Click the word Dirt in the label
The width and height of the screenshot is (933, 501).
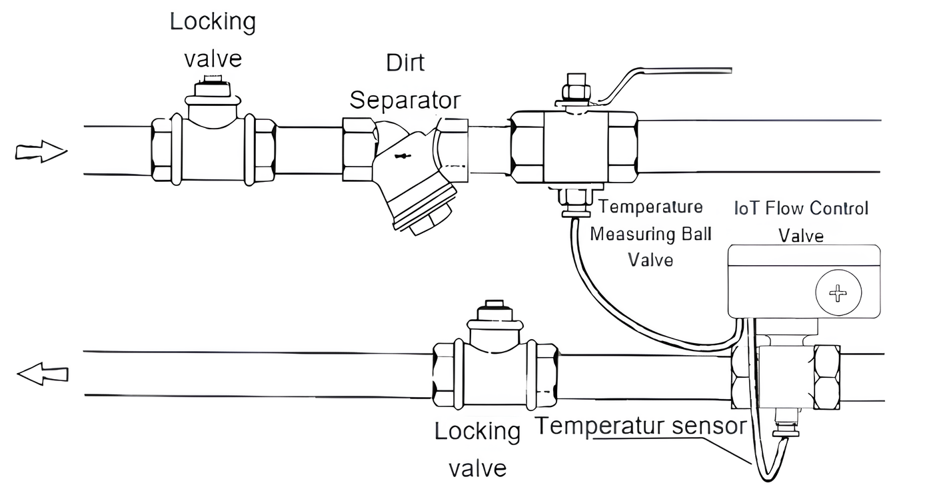(405, 63)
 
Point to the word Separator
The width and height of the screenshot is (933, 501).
(405, 101)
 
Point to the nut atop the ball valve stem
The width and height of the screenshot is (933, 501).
(574, 89)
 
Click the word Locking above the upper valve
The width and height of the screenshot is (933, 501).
(213, 22)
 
